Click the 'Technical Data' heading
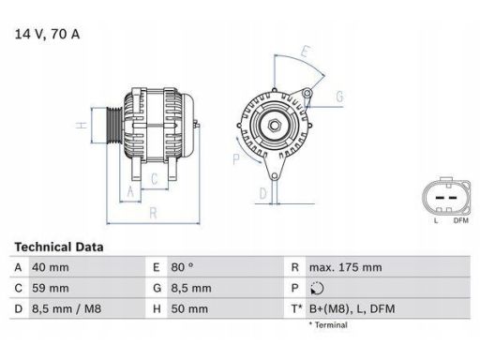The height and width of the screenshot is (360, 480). click(58, 247)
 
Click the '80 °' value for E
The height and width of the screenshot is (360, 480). click(182, 267)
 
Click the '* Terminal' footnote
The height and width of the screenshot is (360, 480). click(327, 325)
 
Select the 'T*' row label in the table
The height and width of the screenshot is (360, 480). click(297, 308)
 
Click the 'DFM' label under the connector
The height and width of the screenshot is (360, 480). click(460, 220)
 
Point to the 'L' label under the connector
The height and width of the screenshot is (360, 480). click(436, 220)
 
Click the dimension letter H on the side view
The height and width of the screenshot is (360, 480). click(83, 125)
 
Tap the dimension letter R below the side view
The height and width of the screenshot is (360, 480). click(152, 213)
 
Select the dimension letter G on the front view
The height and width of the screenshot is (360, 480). click(338, 97)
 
